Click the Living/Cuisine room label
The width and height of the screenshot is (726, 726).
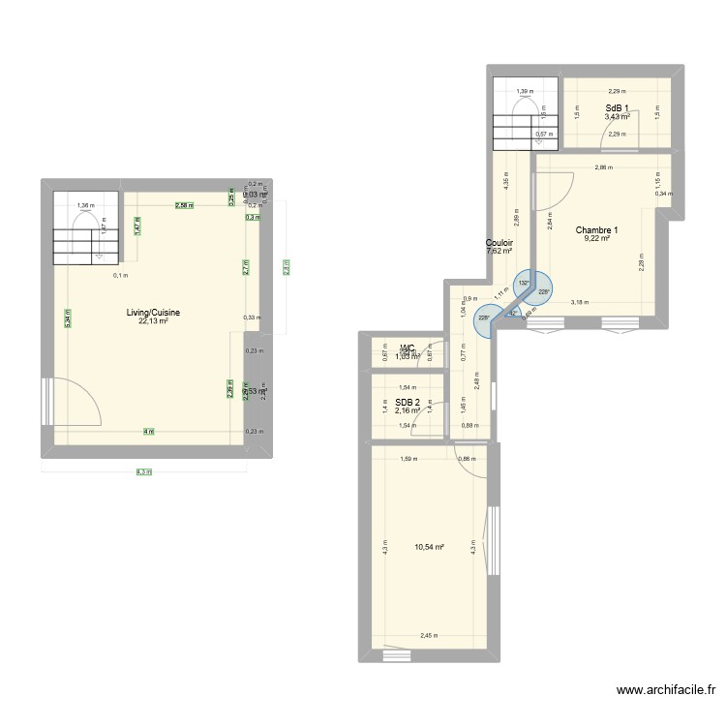pyautogui.click(x=153, y=313)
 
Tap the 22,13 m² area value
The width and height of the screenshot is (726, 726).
pyautogui.click(x=153, y=321)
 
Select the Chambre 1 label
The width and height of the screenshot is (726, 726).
pyautogui.click(x=596, y=230)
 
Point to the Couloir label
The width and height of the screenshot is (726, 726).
pyautogui.click(x=499, y=243)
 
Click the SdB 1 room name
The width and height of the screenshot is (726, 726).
pyautogui.click(x=618, y=107)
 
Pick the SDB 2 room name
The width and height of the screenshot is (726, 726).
pyautogui.click(x=408, y=402)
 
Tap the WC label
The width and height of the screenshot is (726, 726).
pyautogui.click(x=408, y=348)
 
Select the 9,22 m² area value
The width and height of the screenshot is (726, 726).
pyautogui.click(x=596, y=239)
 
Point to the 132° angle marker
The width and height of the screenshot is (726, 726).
pyautogui.click(x=523, y=284)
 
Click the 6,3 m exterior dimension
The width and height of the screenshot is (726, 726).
pyautogui.click(x=144, y=472)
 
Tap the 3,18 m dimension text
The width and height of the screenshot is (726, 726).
pyautogui.click(x=579, y=303)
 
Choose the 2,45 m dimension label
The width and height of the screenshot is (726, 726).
pyautogui.click(x=428, y=636)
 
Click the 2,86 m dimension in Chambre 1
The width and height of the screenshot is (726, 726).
pyautogui.click(x=602, y=168)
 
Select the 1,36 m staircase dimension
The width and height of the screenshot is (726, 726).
pyautogui.click(x=85, y=205)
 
